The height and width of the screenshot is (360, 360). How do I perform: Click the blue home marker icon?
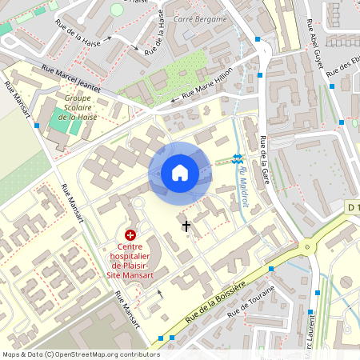[x=180, y=173]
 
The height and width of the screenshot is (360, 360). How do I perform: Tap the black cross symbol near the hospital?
[x=186, y=226]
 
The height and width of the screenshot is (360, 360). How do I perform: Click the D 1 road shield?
[x=353, y=208]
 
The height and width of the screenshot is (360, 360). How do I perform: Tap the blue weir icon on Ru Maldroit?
[x=237, y=158]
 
